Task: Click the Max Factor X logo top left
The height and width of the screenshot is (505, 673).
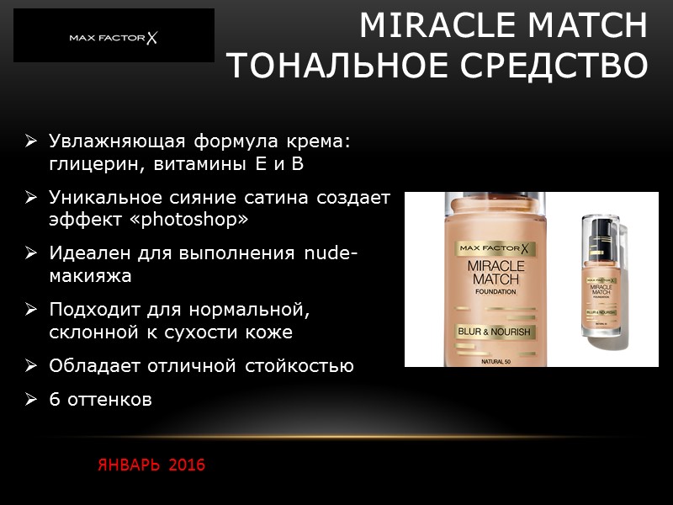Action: tap(114, 38)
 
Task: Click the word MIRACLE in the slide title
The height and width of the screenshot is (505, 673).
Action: tap(427, 26)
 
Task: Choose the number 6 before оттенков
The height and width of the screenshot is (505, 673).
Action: tap(54, 400)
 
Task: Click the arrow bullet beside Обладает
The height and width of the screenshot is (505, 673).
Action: tap(31, 366)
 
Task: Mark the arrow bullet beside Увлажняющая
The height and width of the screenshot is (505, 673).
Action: tap(31, 141)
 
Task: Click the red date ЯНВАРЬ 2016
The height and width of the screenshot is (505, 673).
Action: tap(151, 465)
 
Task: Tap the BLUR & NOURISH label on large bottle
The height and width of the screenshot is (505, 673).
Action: tap(494, 332)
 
